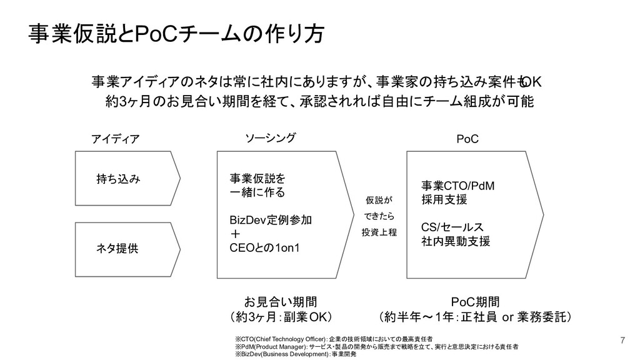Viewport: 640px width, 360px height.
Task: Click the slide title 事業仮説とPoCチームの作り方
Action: tap(176, 34)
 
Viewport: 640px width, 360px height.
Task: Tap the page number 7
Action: tap(622, 340)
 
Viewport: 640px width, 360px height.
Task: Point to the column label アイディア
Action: tap(116, 139)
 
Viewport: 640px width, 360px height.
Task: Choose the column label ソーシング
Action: tap(270, 137)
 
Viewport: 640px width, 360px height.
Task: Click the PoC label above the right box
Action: tap(467, 138)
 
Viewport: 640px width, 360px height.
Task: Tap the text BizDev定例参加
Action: tap(272, 221)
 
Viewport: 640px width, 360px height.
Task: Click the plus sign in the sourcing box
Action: tap(235, 235)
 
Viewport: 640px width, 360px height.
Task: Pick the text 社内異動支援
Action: tap(455, 241)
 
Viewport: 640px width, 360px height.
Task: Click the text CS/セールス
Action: tap(452, 227)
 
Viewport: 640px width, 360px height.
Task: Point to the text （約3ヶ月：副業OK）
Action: tap(281, 316)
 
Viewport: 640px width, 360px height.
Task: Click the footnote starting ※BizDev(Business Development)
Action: tap(295, 354)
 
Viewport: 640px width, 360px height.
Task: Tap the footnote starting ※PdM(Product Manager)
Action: tap(376, 346)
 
